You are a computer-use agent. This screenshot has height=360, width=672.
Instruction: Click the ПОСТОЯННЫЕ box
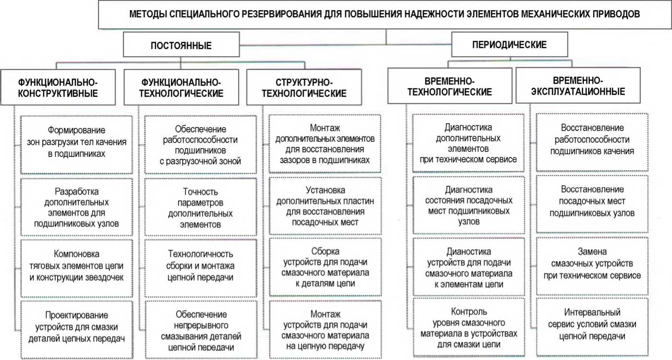pyautogui.click(x=181, y=45)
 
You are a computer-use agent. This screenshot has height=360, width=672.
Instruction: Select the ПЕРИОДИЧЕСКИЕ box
pyautogui.click(x=509, y=45)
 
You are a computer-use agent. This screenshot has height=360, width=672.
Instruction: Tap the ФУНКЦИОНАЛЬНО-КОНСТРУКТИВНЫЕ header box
pyautogui.click(x=58, y=87)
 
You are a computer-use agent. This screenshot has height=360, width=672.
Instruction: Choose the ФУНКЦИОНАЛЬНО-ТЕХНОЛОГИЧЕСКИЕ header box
pyautogui.click(x=180, y=87)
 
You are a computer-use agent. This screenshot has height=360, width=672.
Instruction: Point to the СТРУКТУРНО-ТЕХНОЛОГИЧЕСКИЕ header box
pyautogui.click(x=305, y=87)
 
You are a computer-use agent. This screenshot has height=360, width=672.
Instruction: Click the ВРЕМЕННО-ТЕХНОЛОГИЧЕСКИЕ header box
pyautogui.click(x=449, y=86)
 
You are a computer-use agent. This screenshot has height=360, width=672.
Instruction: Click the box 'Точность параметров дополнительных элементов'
pyautogui.click(x=200, y=207)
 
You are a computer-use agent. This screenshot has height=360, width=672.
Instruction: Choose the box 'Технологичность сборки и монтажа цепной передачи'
pyautogui.click(x=200, y=265)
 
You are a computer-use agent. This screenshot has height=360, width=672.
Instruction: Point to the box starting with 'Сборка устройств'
pyautogui.click(x=324, y=267)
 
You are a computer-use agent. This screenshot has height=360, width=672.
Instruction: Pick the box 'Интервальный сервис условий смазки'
pyautogui.click(x=592, y=324)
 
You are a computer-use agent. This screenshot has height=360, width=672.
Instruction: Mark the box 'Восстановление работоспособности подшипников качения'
pyautogui.click(x=592, y=142)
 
